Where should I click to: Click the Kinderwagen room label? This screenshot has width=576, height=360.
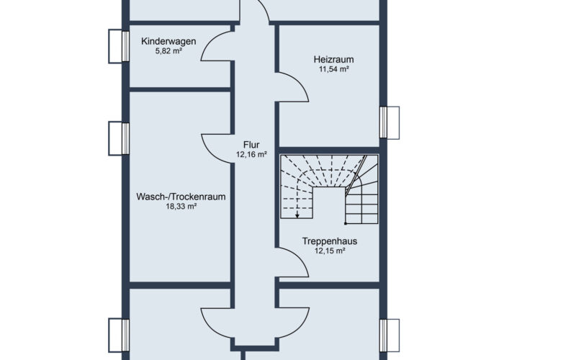tap(168, 42)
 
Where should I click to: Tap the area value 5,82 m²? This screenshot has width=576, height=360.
tap(168, 51)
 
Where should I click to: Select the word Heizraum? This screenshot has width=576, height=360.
tap(333, 60)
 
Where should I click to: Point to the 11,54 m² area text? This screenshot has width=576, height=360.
tap(333, 69)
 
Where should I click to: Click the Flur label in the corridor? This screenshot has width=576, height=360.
tap(251, 145)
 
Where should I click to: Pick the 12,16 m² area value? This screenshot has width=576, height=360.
tap(251, 155)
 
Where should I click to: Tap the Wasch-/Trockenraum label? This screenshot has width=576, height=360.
tap(181, 197)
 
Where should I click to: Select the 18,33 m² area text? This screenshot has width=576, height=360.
tap(181, 207)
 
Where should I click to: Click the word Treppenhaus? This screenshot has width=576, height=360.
tap(330, 241)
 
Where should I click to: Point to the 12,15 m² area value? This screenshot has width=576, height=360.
tap(330, 251)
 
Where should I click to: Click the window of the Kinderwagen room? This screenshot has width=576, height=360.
tap(119, 46)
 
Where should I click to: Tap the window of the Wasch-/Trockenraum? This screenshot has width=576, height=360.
tap(119, 138)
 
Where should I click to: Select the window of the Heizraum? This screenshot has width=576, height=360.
tap(390, 122)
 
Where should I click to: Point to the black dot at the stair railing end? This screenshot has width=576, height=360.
tap(346, 223)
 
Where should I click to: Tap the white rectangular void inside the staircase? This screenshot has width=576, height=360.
tap(329, 202)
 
